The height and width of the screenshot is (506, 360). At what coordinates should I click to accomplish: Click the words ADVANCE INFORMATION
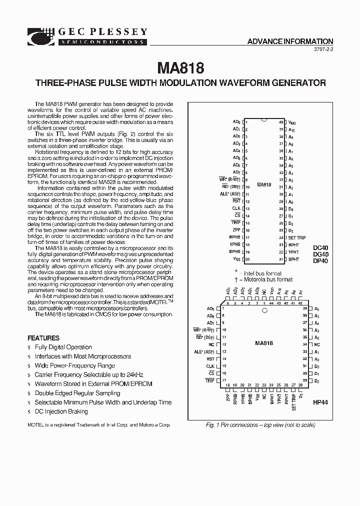(290, 41)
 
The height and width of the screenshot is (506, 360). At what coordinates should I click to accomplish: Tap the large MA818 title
(180, 67)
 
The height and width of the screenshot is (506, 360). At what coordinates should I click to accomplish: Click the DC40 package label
(320, 247)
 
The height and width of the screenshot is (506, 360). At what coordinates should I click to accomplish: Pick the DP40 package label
(320, 260)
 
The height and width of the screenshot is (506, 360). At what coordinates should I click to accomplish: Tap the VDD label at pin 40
(292, 122)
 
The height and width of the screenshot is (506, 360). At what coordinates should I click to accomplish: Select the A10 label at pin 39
(291, 129)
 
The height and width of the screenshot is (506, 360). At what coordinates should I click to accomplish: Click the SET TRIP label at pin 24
(296, 237)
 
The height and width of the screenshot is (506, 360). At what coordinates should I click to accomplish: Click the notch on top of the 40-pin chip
(264, 119)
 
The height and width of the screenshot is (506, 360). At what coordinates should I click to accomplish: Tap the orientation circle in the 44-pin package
(265, 310)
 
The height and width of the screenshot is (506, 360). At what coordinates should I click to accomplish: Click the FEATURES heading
(43, 338)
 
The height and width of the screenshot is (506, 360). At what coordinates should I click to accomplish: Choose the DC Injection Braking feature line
(61, 411)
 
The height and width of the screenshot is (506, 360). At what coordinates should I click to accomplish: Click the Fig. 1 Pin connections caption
(260, 425)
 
